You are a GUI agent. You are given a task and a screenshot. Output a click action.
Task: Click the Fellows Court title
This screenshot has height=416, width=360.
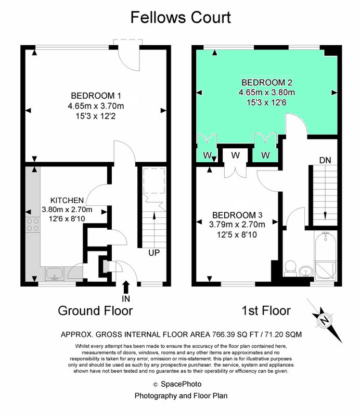click(x=181, y=18)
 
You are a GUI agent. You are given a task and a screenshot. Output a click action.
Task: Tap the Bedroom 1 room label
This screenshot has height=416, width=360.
click(x=96, y=96)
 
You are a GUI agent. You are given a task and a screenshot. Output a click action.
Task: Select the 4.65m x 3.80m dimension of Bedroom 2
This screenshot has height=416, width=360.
click(x=266, y=93)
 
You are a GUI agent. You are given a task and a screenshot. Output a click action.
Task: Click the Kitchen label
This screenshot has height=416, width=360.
click(x=67, y=200)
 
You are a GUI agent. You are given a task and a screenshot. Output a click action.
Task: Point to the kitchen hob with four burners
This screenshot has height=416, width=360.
click(x=33, y=225)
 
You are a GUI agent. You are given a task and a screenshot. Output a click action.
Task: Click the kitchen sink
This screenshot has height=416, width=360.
click(x=55, y=274)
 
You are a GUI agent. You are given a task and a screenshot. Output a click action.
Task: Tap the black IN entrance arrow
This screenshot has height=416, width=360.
click(x=126, y=287)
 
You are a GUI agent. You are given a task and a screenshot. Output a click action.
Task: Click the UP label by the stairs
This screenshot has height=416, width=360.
click(x=154, y=253)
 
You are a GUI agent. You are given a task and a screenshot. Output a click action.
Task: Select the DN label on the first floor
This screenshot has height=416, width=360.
click(x=325, y=160)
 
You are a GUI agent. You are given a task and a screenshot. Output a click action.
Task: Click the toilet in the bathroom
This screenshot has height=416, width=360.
click(x=290, y=268)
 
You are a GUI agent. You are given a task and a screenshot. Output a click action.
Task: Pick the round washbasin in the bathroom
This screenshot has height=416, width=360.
click(x=306, y=271)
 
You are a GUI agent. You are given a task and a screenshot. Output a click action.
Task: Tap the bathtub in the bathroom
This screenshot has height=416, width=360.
click(x=326, y=256)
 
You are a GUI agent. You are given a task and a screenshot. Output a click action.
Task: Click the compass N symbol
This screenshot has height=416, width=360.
click(x=324, y=321)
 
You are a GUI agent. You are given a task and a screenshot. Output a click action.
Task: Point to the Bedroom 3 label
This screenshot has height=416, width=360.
click(x=237, y=215)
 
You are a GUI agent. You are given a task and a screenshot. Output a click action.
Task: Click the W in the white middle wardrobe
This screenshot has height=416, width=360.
click(x=235, y=155)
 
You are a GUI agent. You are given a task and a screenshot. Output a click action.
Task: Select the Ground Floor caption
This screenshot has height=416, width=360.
click(x=95, y=310)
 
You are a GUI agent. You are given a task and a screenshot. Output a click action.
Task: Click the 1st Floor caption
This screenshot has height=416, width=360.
click(x=266, y=310)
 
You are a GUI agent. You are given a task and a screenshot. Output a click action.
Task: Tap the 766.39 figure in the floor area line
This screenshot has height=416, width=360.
click(x=223, y=334)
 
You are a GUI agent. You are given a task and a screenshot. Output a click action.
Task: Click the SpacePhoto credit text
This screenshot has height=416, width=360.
click(x=181, y=384)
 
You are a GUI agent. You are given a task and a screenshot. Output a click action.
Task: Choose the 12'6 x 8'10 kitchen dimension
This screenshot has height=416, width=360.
click(x=67, y=218)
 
